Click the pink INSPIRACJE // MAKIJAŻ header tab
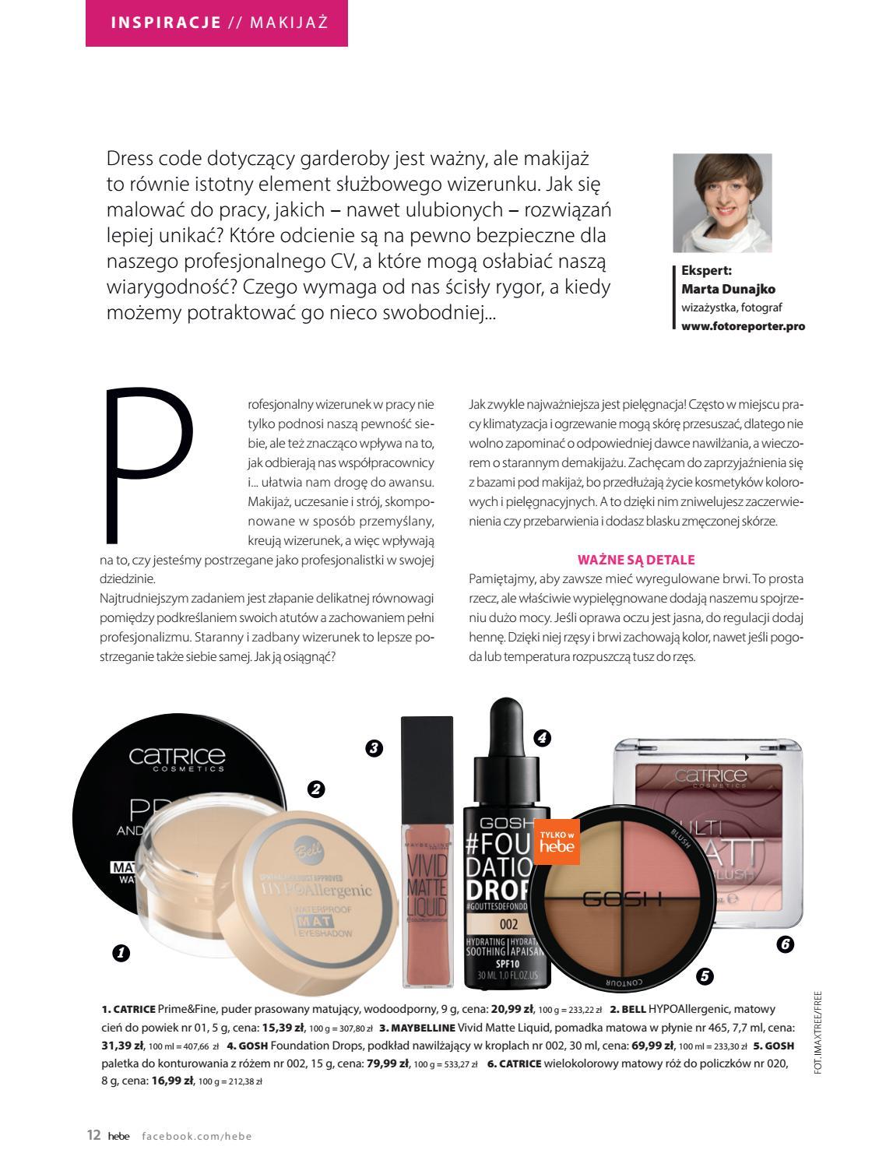coord(216,23)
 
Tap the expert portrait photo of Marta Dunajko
coord(722,203)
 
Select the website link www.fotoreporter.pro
coord(743,327)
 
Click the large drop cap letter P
coord(148,464)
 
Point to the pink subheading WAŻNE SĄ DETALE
coord(635,559)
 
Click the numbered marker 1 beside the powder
coord(121,952)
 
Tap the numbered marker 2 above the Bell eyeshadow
coord(315,789)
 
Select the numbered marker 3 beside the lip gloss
coord(374,748)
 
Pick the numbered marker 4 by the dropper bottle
coord(542,737)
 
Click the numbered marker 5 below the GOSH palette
coord(704,975)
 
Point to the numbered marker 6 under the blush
coord(784,944)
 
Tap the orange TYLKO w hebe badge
coord(556,841)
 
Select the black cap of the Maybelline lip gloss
coord(427,755)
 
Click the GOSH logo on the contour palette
coord(622,899)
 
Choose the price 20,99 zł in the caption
coord(512,1009)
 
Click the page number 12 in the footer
coord(93,1135)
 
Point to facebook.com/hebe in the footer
coord(197,1136)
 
